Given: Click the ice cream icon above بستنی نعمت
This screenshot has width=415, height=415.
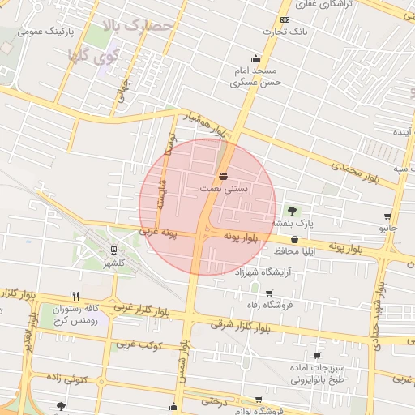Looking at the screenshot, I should pos(223,176).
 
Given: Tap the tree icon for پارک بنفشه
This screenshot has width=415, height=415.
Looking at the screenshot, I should pos(292,211).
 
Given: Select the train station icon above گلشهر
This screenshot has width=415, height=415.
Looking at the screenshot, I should pos(113,250).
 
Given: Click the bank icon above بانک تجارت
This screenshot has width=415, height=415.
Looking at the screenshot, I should pos(284,19).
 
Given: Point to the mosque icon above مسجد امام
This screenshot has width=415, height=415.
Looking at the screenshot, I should pos(256,58).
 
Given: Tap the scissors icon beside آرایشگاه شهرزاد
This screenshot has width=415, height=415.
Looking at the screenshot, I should pos(268,273).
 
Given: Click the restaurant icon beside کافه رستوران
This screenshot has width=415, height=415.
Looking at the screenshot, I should pos(75,296).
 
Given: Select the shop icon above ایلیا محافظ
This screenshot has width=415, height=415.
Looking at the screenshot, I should pos(293,240).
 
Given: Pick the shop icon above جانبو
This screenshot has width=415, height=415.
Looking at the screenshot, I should pos(387,216).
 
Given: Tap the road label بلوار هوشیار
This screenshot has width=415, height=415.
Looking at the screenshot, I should pos(206,123).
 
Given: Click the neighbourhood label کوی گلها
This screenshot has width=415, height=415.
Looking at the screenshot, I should pos(89,58).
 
